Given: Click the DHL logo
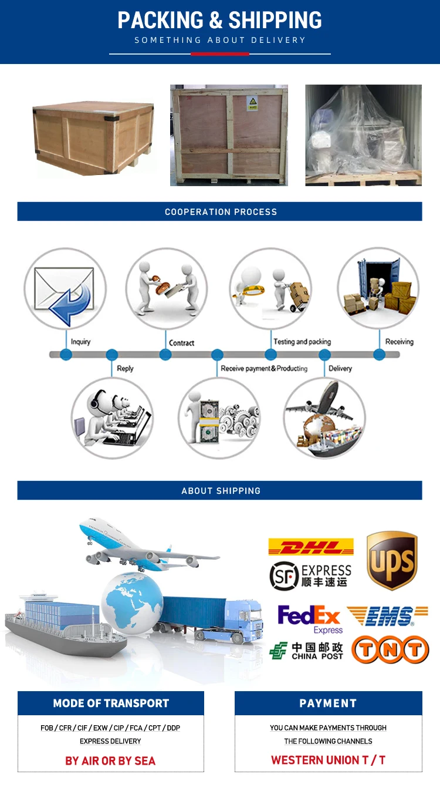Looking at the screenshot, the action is point(311,547).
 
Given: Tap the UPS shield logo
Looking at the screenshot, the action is point(392,561).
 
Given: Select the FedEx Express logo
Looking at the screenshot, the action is point(310,619).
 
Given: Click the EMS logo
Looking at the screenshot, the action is point(387,616).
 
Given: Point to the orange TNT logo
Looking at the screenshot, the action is point(390,650).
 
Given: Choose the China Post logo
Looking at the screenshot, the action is point(306,651).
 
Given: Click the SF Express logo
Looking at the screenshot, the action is point(310,575).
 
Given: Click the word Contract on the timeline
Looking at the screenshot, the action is point(181,343).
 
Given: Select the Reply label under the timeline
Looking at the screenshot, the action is point(125,369).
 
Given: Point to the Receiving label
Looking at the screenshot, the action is point(399,342).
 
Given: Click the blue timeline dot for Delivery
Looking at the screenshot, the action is point(324,355).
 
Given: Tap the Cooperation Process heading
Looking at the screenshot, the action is point(220,212).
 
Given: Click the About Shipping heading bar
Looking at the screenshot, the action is point(220,490).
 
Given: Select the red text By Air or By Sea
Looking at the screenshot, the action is point(110,760).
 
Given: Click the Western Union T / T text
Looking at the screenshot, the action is point(328,760).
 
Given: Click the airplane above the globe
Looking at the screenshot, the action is point(147,543).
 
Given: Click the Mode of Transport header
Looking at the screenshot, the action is point(111,703).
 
